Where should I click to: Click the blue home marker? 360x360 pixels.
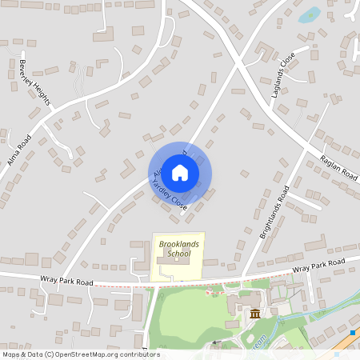pos(180,172)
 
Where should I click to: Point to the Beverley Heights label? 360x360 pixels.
pos(35,82)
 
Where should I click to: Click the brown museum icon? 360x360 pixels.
pos(254,312)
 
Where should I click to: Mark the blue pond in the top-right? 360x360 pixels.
pos(309,14)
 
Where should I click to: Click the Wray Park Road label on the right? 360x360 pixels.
pos(318,266)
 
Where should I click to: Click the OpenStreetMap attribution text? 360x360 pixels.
pos(80,354)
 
